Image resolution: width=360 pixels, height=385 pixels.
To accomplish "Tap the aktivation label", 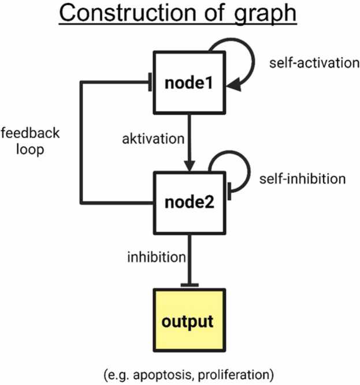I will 153,139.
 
